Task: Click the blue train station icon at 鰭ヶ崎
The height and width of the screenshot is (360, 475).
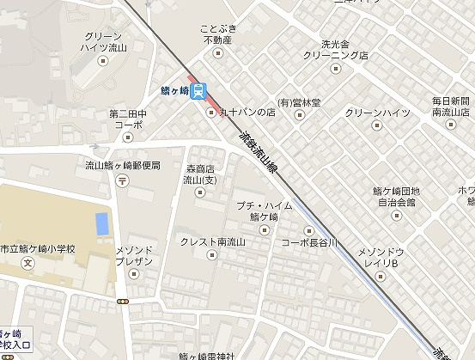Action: coord(198,89)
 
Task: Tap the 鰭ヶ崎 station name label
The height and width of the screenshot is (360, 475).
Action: coord(174,89)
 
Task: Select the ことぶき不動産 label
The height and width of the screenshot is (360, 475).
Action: coord(217,34)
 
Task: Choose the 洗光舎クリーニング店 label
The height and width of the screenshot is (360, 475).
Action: coord(332,49)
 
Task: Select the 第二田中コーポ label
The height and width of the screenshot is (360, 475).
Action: coord(126,118)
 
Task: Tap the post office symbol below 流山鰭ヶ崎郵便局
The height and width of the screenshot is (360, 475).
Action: coord(123,180)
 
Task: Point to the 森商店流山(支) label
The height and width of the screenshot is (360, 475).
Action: coord(201,175)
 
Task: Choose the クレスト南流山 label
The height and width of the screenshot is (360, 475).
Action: coord(212,242)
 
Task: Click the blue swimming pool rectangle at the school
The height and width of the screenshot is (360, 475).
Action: coord(102,223)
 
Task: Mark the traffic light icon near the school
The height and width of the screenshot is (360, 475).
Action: coord(124,302)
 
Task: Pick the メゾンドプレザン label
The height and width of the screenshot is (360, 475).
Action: coord(133,255)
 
